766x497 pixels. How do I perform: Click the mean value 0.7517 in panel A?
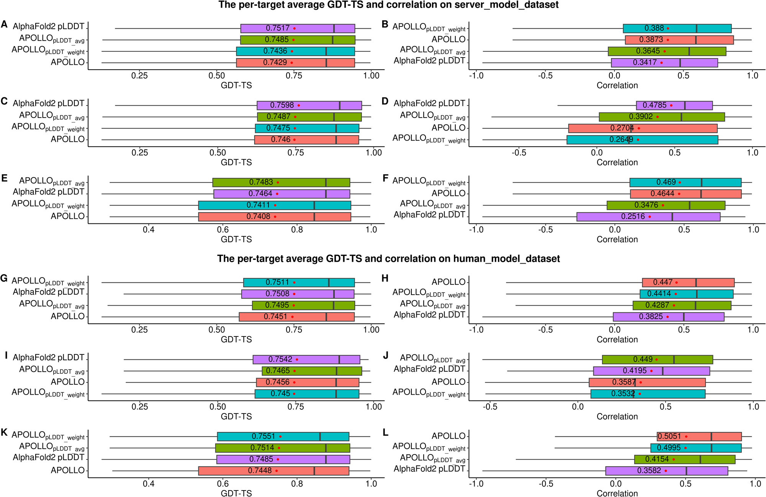coord(278,28)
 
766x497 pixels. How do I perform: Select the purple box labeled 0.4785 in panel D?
coord(674,105)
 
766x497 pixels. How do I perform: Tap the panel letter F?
coord(385,179)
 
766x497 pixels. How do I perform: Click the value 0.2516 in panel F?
coord(633,217)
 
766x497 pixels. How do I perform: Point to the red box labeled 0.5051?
coord(699,436)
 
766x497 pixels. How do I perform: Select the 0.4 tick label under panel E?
coord(149,230)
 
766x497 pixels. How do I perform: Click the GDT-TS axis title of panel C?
coord(236,162)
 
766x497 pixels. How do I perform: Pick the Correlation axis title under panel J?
coord(617,417)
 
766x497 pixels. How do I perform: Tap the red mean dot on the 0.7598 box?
coord(299,105)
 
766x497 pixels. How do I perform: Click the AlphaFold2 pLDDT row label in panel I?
coord(49,358)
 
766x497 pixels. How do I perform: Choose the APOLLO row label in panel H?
coord(448,282)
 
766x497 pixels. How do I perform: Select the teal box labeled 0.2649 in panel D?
coord(642,140)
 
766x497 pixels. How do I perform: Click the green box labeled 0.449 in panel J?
coord(657,359)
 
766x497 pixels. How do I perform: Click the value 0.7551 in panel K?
coord(263,436)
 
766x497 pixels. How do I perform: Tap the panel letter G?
coord(4,279)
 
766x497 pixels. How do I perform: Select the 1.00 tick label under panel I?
coord(373,407)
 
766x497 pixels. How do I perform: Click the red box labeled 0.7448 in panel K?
coord(273,471)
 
